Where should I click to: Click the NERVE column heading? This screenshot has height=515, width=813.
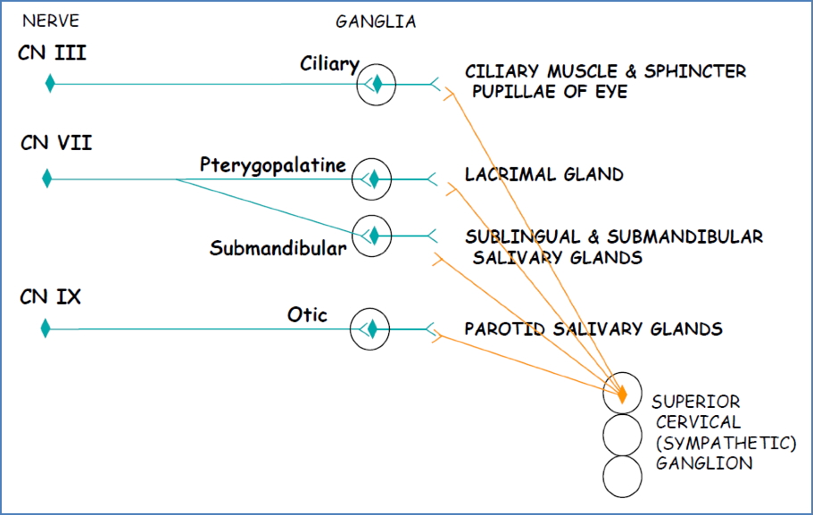(50, 21)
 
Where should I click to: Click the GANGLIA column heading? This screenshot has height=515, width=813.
(376, 21)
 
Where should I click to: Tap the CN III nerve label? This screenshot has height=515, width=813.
(52, 54)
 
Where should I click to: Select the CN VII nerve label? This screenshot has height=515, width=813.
(55, 143)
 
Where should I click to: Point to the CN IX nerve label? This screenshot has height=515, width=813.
(51, 296)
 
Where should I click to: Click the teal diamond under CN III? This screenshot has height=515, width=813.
(51, 84)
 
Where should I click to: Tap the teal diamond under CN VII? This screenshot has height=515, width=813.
(47, 179)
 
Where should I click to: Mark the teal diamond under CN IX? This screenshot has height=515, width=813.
(46, 328)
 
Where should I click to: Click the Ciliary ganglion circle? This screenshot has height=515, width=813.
(376, 85)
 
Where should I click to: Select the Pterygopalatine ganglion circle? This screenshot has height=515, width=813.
(372, 180)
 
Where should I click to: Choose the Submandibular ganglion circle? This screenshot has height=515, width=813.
(372, 236)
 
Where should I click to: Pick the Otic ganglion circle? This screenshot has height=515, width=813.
(369, 329)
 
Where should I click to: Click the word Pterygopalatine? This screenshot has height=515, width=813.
(272, 165)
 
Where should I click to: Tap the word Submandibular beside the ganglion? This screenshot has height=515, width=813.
(278, 249)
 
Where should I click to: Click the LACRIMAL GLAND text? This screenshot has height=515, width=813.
(543, 175)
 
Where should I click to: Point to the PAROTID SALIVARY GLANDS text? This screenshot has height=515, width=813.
(593, 329)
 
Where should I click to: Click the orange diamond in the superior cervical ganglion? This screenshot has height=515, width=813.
(623, 392)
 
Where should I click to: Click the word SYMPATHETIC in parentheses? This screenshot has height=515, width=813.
(726, 443)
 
